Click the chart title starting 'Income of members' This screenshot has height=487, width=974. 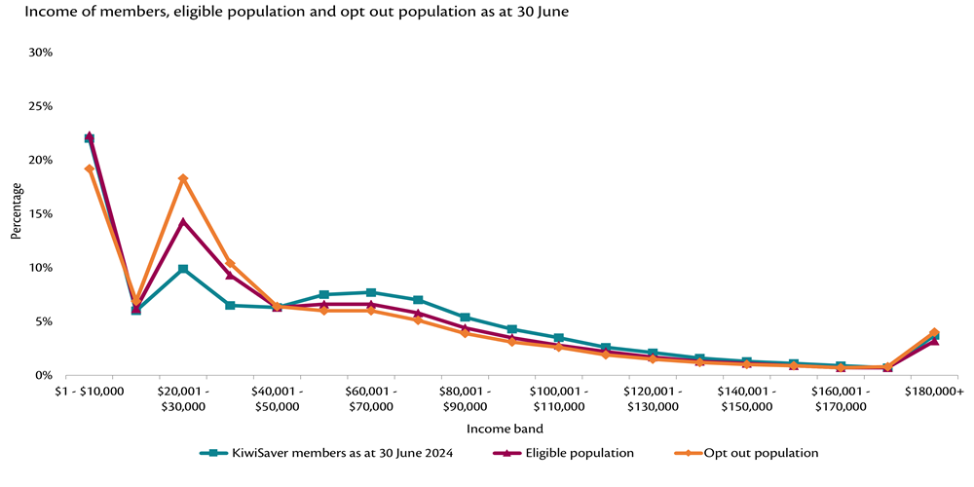coord(298,12)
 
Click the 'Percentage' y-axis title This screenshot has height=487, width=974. coord(16,213)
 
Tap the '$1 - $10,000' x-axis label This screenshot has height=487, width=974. coord(89,391)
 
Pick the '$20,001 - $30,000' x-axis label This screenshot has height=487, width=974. coord(183,398)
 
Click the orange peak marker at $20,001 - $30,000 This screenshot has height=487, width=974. coord(183,179)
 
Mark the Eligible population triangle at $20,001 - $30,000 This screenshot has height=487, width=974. coord(183,222)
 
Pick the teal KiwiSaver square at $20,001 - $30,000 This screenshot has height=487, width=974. coord(183,269)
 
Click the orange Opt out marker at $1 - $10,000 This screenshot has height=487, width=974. coord(89,169)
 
